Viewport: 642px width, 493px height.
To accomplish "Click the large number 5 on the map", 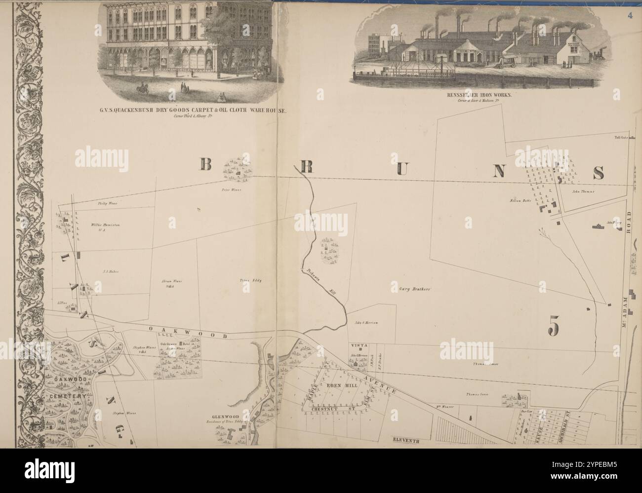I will point(554,325).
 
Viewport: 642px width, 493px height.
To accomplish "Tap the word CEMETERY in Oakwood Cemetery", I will point(68,396).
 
